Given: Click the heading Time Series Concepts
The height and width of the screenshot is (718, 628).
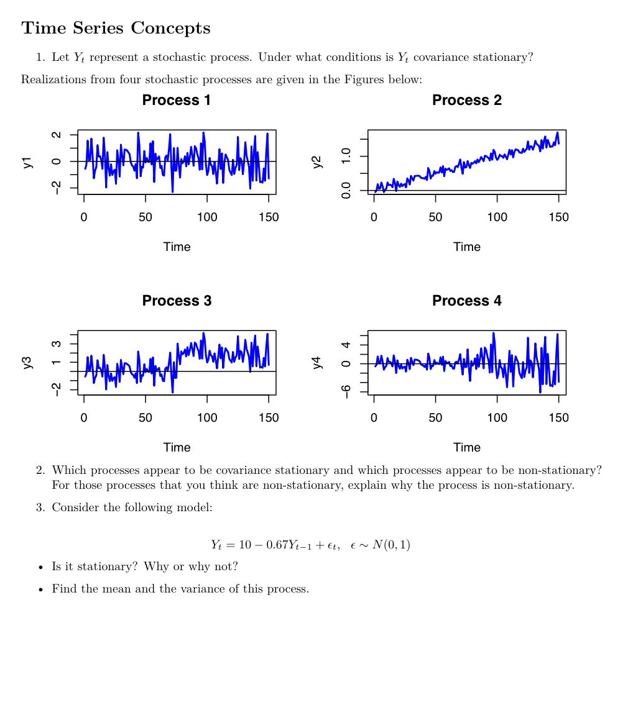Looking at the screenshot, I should pyautogui.click(x=116, y=29).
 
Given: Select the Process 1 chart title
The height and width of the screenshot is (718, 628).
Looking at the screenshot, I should pyautogui.click(x=177, y=100).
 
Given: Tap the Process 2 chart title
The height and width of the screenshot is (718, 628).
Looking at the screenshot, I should pyautogui.click(x=466, y=100).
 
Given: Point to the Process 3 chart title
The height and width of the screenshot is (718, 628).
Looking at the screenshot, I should pyautogui.click(x=177, y=301).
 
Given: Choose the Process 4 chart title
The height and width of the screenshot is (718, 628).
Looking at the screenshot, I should pyautogui.click(x=466, y=301).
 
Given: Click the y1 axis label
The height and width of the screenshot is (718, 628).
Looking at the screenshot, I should pyautogui.click(x=27, y=162).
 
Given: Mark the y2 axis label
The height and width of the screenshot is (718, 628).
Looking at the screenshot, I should pyautogui.click(x=317, y=162).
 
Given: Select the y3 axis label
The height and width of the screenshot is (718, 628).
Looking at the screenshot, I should pyautogui.click(x=27, y=363).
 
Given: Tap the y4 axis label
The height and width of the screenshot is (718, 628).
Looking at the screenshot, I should pyautogui.click(x=317, y=363).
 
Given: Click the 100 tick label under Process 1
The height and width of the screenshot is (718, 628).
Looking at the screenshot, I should pyautogui.click(x=207, y=217).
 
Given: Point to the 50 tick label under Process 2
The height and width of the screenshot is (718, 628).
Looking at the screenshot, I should pyautogui.click(x=435, y=217).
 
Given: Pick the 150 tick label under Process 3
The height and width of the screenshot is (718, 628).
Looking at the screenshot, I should pyautogui.click(x=269, y=418).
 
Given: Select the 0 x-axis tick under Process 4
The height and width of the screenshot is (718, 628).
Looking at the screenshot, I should pyautogui.click(x=374, y=418).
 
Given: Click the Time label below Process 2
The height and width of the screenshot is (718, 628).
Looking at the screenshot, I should pyautogui.click(x=466, y=247).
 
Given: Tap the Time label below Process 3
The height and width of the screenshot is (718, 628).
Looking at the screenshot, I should pyautogui.click(x=177, y=448).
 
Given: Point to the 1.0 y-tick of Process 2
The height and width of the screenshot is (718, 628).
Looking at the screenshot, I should pyautogui.click(x=346, y=156).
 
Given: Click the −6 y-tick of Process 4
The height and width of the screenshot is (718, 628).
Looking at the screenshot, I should pyautogui.click(x=346, y=391).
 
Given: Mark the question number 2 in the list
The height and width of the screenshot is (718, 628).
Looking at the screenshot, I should pyautogui.click(x=40, y=470).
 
